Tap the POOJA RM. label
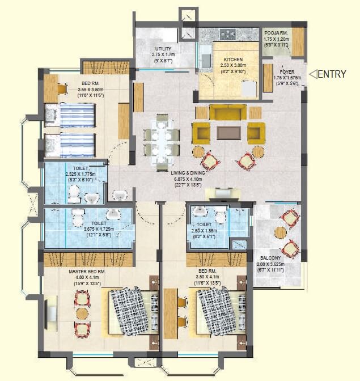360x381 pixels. pyautogui.click(x=276, y=33)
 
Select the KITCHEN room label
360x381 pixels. pyautogui.click(x=233, y=59)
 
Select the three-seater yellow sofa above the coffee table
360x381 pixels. pyautogui.click(x=228, y=112)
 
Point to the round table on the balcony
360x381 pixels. pyautogui.click(x=281, y=232)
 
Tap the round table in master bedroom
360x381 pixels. pyautogui.click(x=82, y=313)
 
